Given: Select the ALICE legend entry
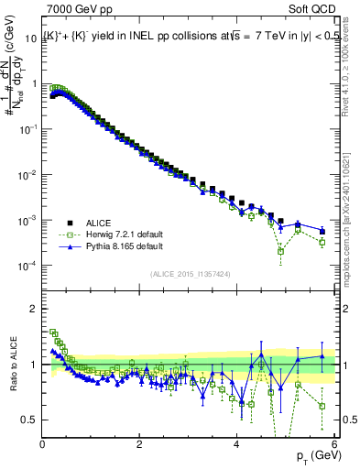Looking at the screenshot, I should [x=99, y=223].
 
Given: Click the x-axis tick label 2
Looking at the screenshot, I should [x=139, y=445].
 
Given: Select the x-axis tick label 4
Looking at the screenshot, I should [x=236, y=445].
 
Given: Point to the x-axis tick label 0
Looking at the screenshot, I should [x=43, y=445].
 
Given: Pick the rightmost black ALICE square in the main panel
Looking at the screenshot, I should [x=322, y=230].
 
